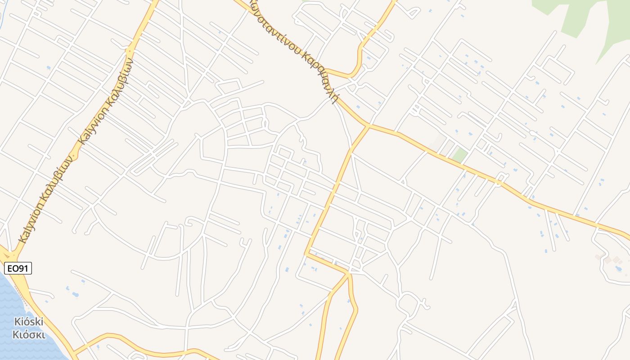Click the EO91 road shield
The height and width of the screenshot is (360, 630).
click(18, 269)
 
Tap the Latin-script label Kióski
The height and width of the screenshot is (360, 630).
click(28, 322)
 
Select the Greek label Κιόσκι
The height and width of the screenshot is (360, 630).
click(28, 335)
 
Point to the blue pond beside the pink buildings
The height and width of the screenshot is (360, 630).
click(619, 269)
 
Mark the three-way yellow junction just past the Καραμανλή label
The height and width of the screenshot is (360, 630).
click(368, 126)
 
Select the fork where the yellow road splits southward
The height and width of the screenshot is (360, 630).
click(349, 273)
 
